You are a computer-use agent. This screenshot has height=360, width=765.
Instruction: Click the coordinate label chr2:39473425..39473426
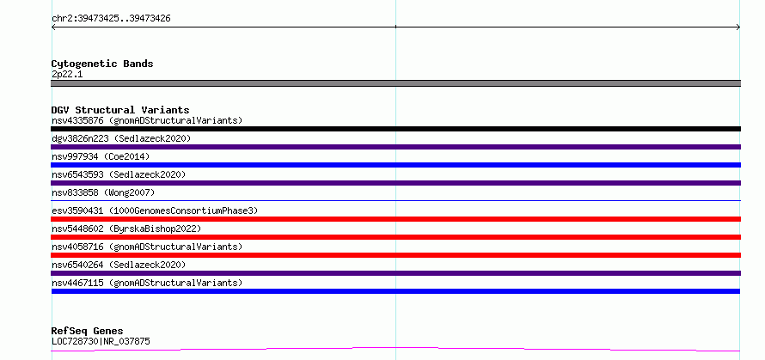(x=111, y=19)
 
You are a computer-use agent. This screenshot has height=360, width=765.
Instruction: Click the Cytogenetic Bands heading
(x=102, y=64)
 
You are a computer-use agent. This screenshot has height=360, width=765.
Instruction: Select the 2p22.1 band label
(x=67, y=74)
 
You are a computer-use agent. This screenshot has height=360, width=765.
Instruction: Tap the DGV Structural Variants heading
(x=120, y=110)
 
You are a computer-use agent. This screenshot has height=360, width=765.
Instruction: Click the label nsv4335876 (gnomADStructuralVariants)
(x=147, y=120)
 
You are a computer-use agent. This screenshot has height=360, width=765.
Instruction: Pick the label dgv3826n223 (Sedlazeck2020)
(x=121, y=138)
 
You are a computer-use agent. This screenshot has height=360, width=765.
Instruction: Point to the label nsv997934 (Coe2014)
(x=101, y=156)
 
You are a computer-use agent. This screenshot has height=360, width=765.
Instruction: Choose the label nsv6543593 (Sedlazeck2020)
(x=119, y=174)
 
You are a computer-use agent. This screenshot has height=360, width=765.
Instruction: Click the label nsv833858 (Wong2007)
(x=103, y=192)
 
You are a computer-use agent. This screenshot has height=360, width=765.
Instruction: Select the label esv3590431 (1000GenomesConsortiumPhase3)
(x=155, y=211)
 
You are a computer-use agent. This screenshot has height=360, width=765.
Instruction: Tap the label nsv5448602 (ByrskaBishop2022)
(x=126, y=229)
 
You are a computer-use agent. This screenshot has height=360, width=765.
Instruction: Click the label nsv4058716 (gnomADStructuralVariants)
(x=147, y=247)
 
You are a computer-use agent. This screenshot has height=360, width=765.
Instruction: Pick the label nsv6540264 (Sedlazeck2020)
(x=119, y=265)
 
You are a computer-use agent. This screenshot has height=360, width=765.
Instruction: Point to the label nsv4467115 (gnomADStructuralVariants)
(x=147, y=283)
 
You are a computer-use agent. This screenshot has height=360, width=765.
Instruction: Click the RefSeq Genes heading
(x=88, y=331)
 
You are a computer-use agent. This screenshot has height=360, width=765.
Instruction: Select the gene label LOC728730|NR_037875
(x=101, y=341)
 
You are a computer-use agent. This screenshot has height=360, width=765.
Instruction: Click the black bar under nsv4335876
(x=395, y=129)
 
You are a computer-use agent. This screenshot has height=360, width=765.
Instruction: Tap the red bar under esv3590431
(x=395, y=219)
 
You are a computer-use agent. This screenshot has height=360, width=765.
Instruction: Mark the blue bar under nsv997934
(x=395, y=165)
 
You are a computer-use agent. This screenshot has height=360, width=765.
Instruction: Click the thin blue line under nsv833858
(x=395, y=200)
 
